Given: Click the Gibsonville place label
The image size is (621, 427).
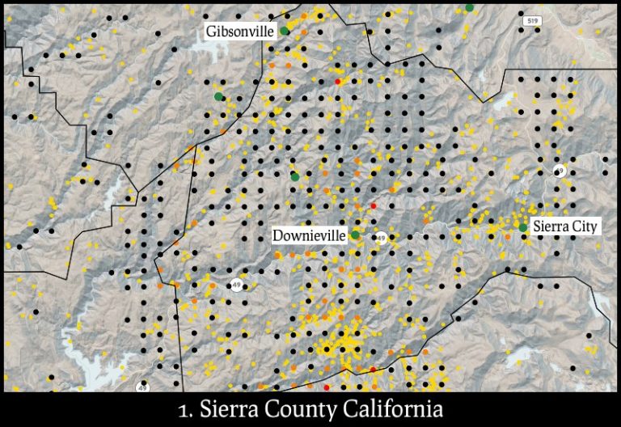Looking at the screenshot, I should coord(240,32).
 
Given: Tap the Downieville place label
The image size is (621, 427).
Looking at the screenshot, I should coord(309,235).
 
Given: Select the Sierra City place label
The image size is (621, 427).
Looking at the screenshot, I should coord(564,226).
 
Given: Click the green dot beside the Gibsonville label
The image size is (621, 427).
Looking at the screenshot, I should coord(285,31).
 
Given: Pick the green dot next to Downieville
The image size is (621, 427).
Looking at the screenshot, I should coord(355,235).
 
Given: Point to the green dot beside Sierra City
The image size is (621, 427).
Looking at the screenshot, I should coord(523,227).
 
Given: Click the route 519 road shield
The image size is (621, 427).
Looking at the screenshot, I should coord(530,21).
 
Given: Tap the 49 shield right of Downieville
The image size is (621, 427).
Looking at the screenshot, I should coord(381,238).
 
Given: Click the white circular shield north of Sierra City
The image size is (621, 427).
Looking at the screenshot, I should coord(559,171).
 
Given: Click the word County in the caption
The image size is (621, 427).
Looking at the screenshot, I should coord(310,408).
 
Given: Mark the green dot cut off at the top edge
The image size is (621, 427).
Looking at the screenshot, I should coord(469,6).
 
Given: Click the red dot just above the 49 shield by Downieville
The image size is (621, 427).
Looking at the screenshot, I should coord(373,207).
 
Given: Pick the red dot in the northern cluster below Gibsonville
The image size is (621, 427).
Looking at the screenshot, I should coord(338,82).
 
